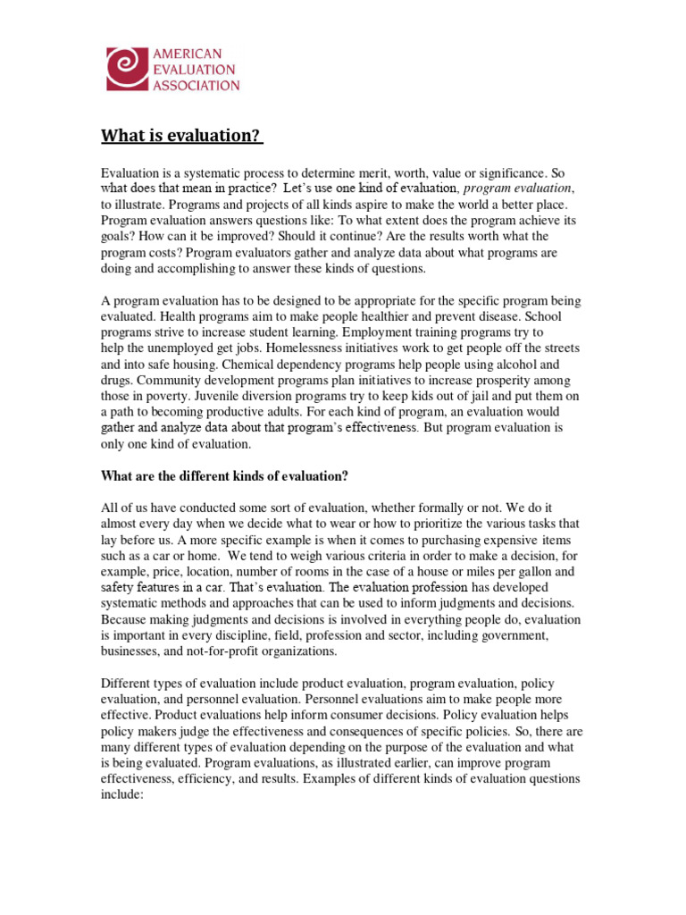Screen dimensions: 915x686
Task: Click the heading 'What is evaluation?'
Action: [x=181, y=136]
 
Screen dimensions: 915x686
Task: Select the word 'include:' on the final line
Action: [x=122, y=795]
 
